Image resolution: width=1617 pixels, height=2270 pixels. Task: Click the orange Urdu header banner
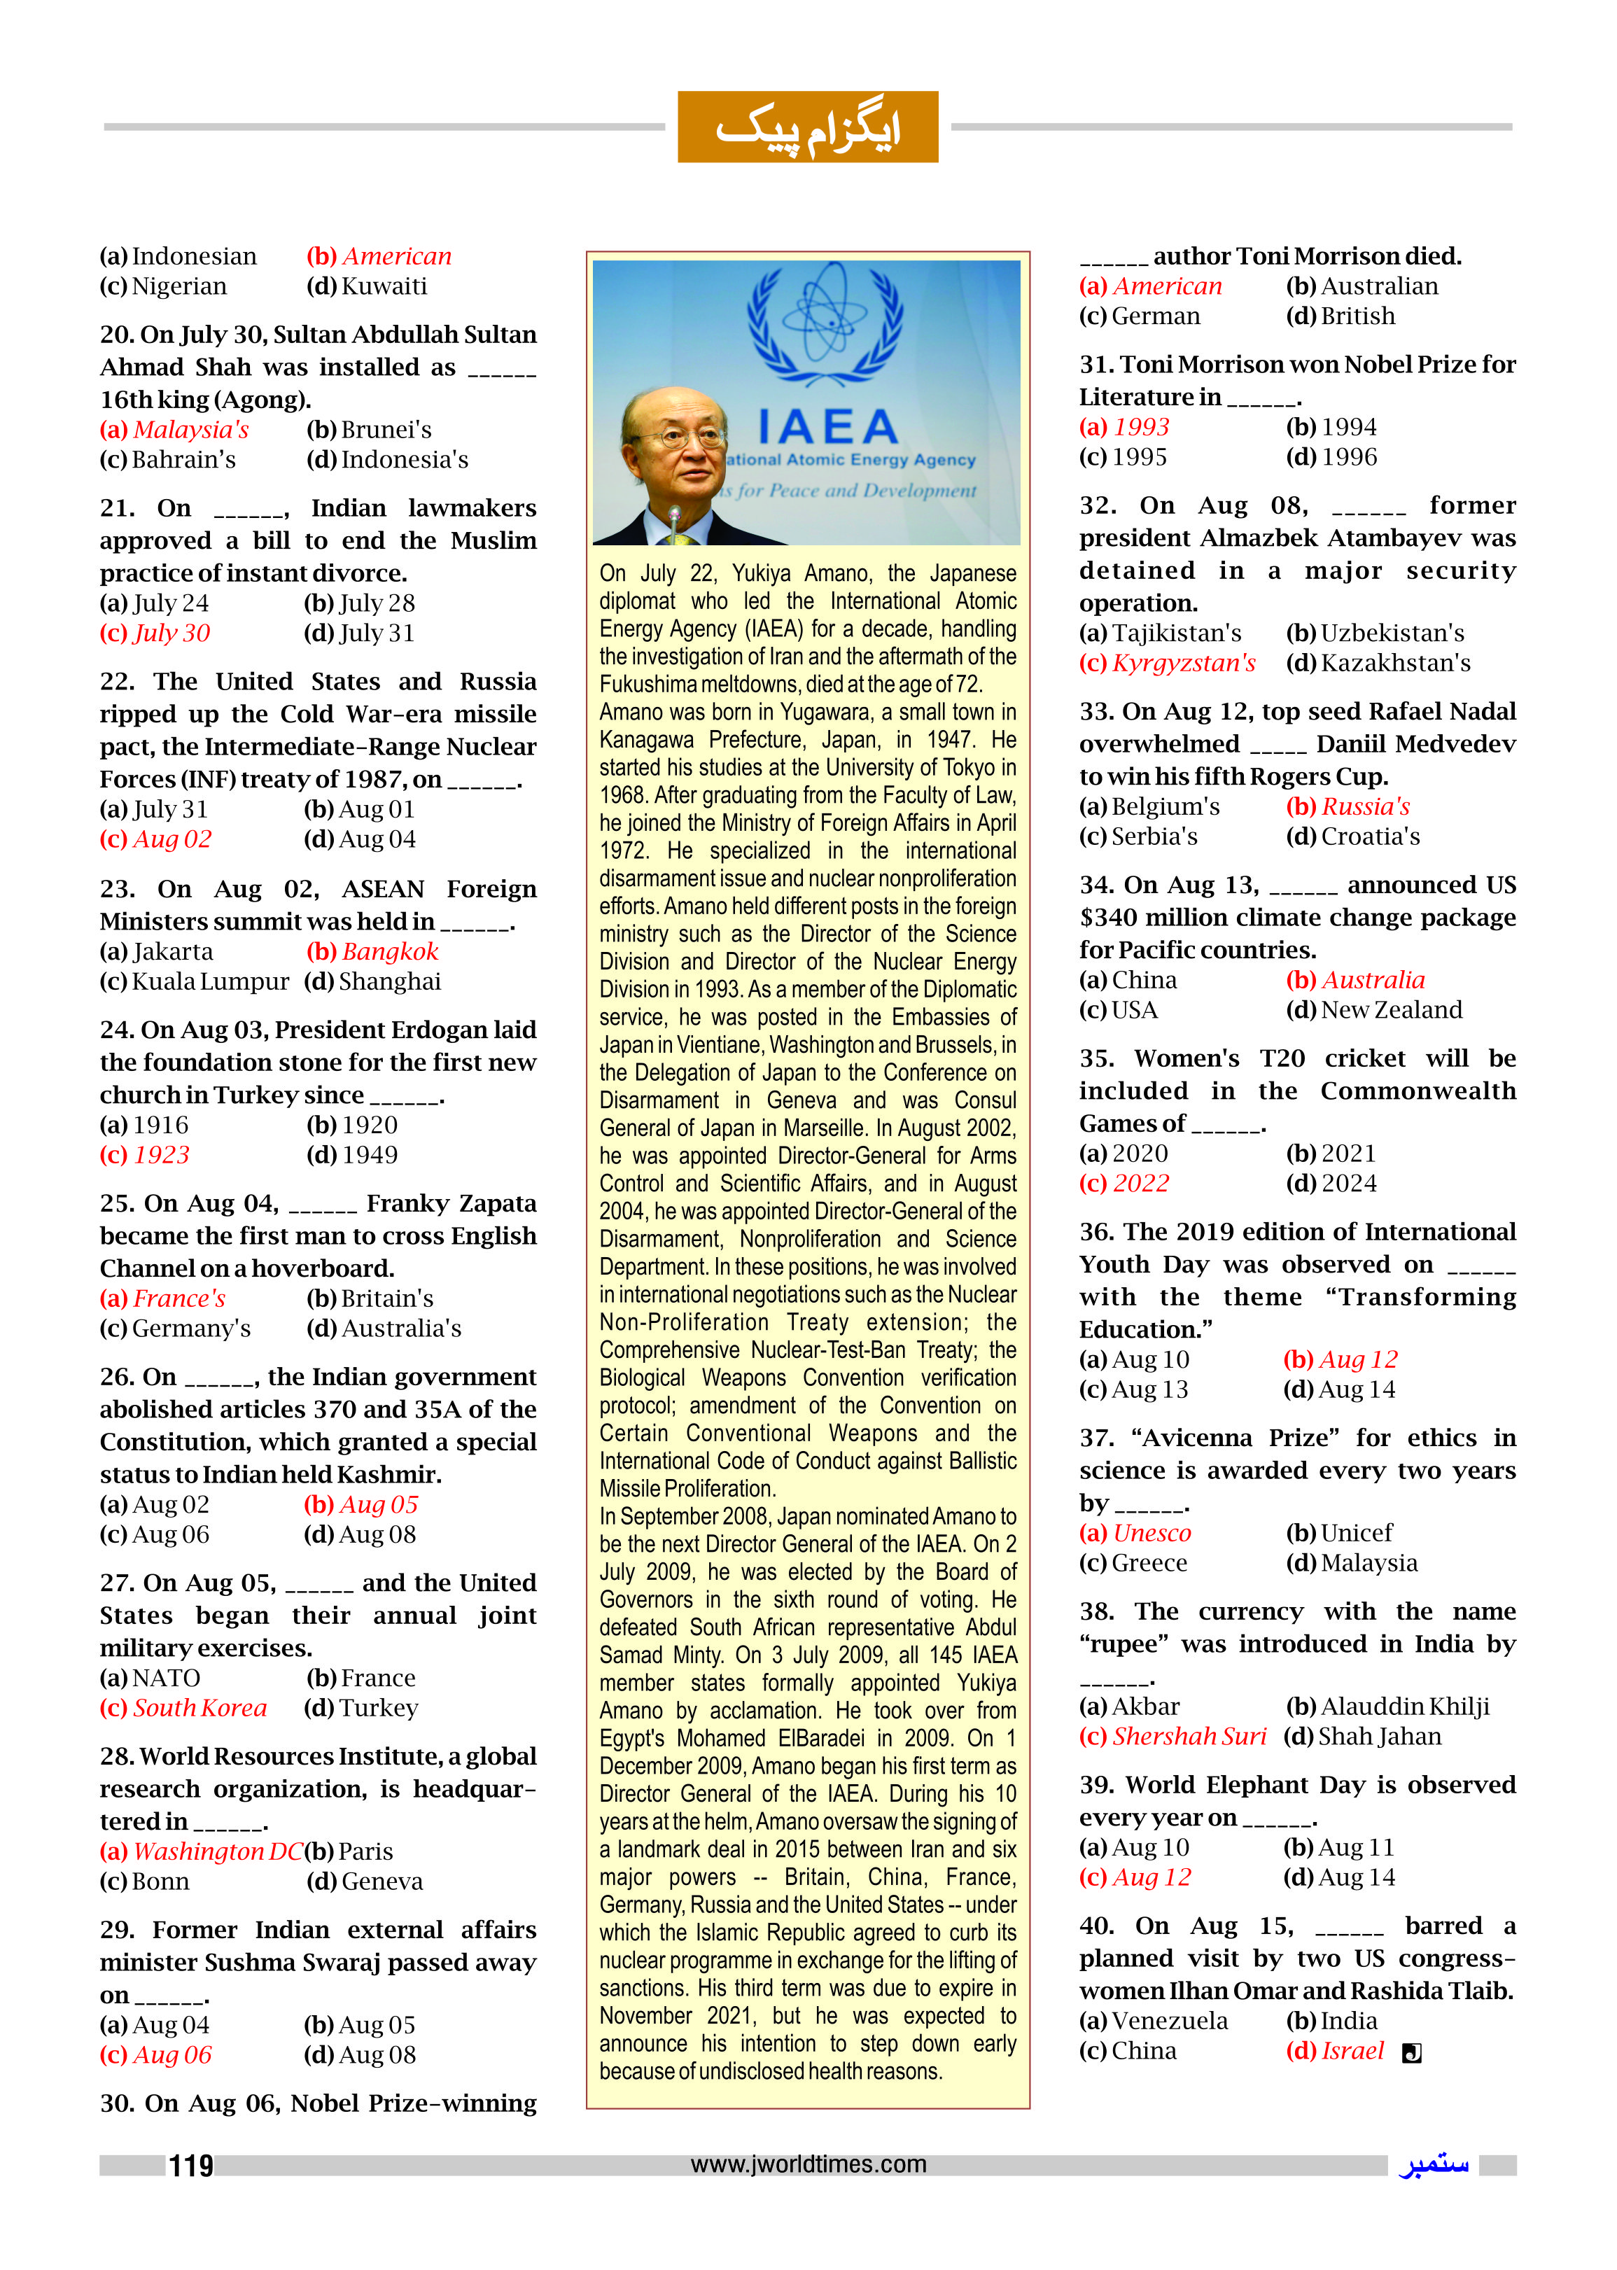[x=808, y=127]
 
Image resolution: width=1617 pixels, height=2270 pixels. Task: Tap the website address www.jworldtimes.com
[x=808, y=2164]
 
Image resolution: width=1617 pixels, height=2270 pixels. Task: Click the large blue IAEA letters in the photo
[x=827, y=426]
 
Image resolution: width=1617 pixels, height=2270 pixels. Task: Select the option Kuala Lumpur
[x=210, y=981]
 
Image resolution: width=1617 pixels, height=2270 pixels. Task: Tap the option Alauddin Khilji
[x=1405, y=1707]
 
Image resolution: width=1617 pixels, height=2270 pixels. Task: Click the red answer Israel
[x=1352, y=2051]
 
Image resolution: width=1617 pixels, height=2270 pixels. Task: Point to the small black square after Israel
[x=1411, y=2053]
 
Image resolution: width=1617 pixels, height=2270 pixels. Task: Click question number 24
[x=116, y=1030]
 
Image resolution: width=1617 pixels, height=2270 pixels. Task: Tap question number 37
[x=1096, y=1438]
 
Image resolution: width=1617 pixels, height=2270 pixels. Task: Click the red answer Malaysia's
[x=190, y=430]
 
